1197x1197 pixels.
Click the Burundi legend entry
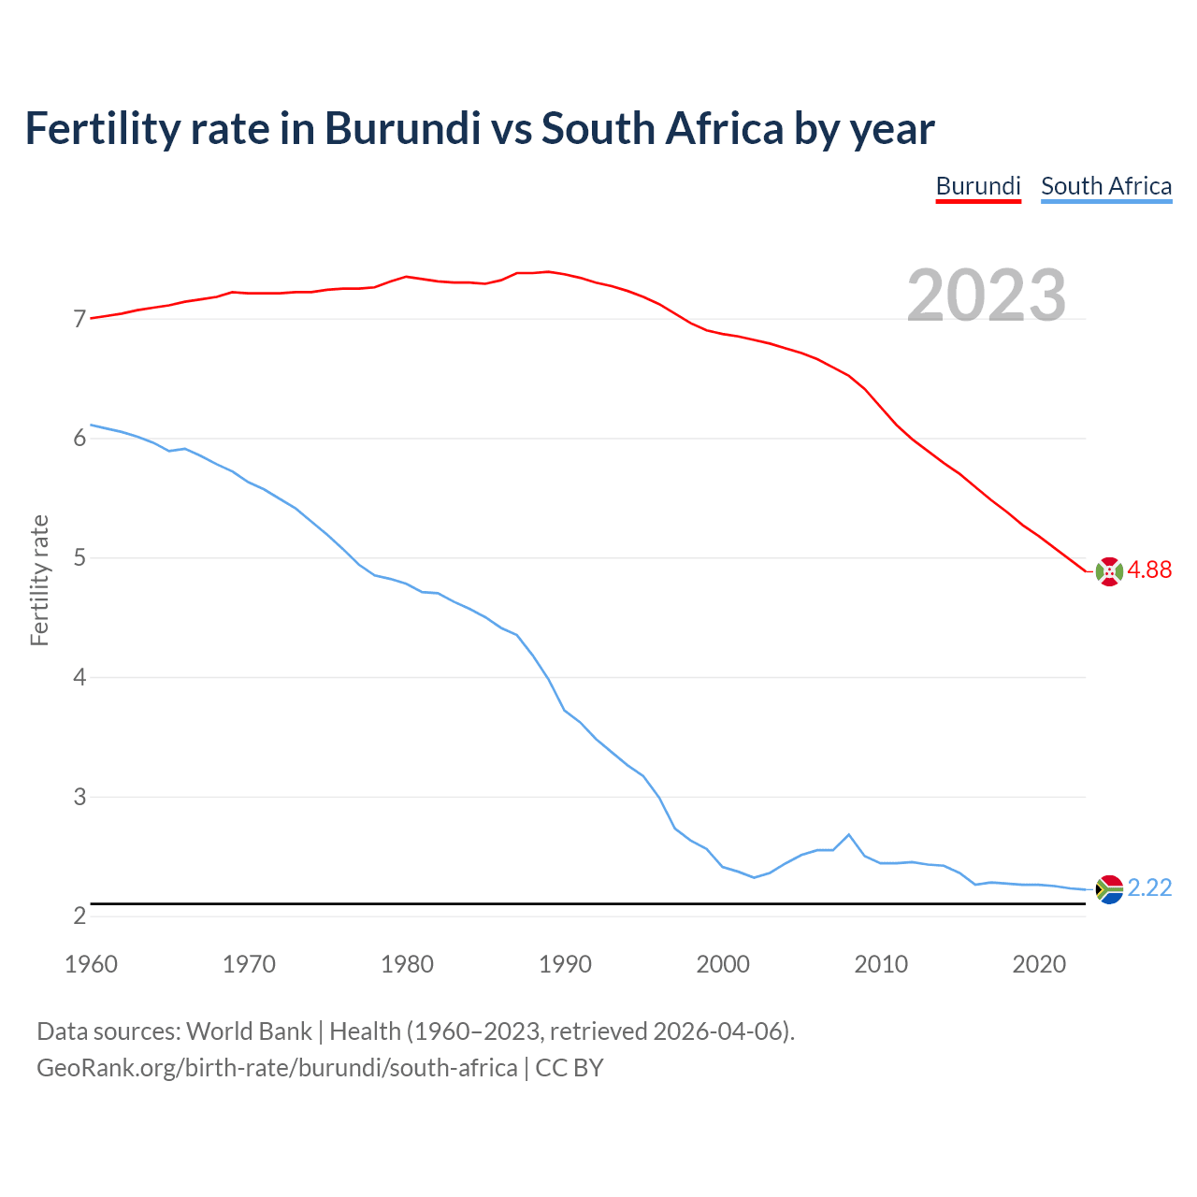coord(978,186)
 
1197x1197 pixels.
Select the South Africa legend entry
coord(1106,186)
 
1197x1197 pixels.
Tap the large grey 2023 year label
coord(987,296)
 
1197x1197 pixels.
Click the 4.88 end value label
coord(1149,570)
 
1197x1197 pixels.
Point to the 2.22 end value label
coord(1149,887)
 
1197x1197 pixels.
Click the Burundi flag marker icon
coord(1109,571)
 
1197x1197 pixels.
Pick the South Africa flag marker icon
coord(1109,889)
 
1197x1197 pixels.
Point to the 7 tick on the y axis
coord(79,320)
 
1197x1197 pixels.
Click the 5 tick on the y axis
coord(79,558)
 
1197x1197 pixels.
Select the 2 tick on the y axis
coord(79,916)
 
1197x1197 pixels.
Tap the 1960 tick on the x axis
coord(91,964)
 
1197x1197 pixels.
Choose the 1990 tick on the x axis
coord(565,964)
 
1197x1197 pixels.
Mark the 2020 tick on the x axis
coord(1039,964)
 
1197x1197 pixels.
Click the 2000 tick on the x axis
coord(723,964)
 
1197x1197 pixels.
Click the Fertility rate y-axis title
coord(39,580)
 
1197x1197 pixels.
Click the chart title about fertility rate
coord(479,128)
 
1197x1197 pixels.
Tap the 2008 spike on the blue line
coord(848,834)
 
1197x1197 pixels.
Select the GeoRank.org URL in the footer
coord(277,1067)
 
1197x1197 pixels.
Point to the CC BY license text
coord(569,1067)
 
